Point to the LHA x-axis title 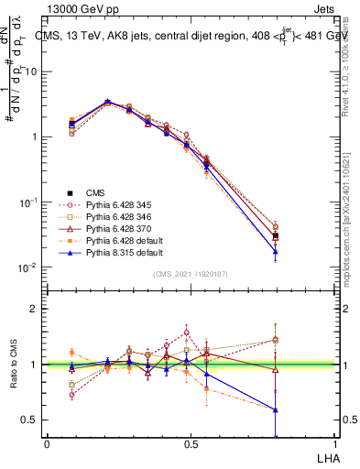pos(325,457)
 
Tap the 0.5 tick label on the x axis pos(191,443)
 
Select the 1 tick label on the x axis pos(335,443)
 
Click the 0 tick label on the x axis pos(47,443)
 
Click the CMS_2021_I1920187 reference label pos(191,274)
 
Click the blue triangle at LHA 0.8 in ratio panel pos(276,409)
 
